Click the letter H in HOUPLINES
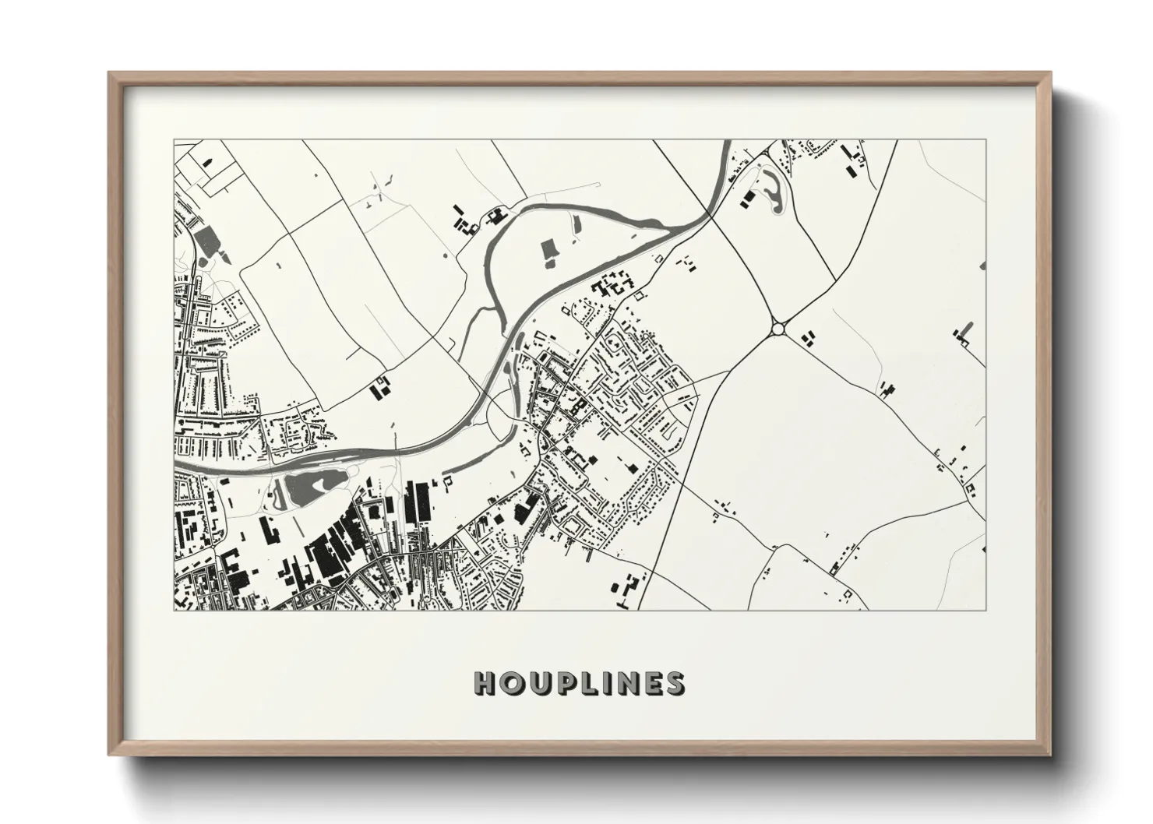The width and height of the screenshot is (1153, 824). (x=485, y=682)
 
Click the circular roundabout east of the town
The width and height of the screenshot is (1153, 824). (x=777, y=329)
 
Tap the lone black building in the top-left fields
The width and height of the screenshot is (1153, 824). (x=208, y=162)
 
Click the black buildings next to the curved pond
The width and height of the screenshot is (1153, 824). (x=747, y=198)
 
